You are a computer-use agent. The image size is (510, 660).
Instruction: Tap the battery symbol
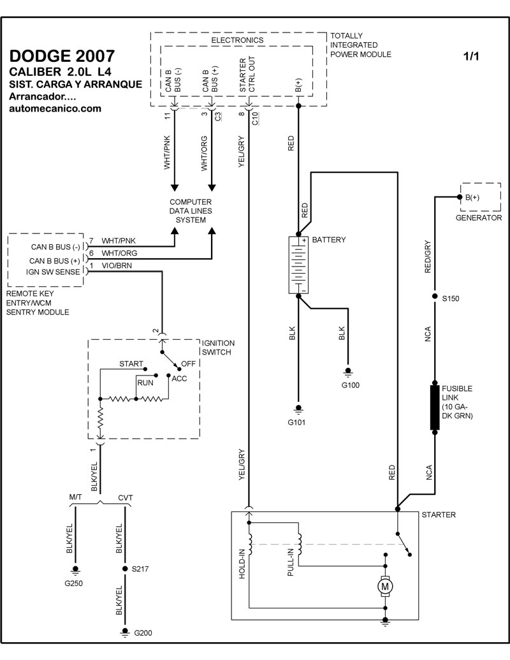coord(298,265)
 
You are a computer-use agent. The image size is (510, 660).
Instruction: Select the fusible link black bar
coord(435,407)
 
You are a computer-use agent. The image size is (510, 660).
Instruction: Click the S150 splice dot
coord(435,298)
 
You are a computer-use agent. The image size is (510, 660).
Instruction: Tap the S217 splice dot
coord(125,568)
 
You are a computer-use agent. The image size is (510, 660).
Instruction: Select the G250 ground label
coord(74,582)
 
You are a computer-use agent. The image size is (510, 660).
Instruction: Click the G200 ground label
coord(143,633)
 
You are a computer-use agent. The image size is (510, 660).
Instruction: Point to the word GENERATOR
coord(479,217)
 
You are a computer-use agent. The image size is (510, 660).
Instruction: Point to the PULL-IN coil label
coord(290,561)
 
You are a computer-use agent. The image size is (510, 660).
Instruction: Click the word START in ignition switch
coord(131,364)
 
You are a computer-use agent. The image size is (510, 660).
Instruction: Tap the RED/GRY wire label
coord(428,257)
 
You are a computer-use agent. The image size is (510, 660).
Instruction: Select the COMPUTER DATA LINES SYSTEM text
coord(191,211)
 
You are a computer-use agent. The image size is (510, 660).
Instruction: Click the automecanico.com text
coord(55,108)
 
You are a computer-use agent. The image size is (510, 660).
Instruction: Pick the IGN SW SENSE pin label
coord(54,272)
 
